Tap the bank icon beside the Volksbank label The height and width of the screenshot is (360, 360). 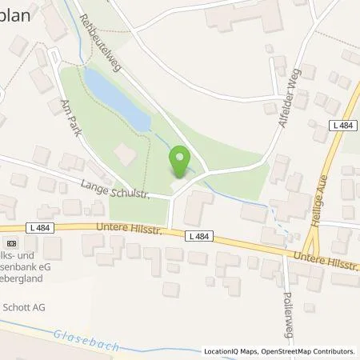pos(11,242)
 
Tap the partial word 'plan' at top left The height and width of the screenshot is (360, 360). pos(15,16)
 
